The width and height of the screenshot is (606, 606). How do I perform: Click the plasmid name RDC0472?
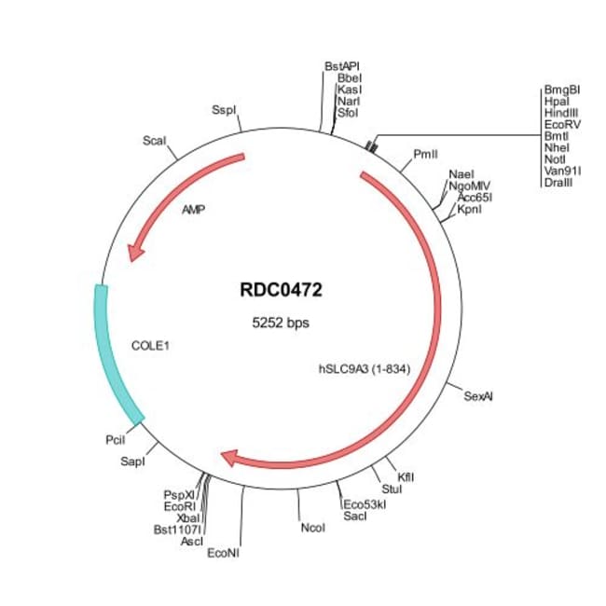tap(281, 291)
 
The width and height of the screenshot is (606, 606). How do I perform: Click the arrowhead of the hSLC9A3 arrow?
tap(232, 457)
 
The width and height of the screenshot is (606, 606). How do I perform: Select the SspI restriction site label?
tap(224, 109)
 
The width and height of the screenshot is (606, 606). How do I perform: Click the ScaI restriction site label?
tap(155, 140)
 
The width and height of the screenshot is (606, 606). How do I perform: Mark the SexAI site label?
tap(478, 395)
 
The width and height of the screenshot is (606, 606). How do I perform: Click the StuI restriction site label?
tap(392, 488)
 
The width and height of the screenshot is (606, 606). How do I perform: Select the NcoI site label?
tap(312, 529)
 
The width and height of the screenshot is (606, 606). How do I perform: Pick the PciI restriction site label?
tap(116, 437)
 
